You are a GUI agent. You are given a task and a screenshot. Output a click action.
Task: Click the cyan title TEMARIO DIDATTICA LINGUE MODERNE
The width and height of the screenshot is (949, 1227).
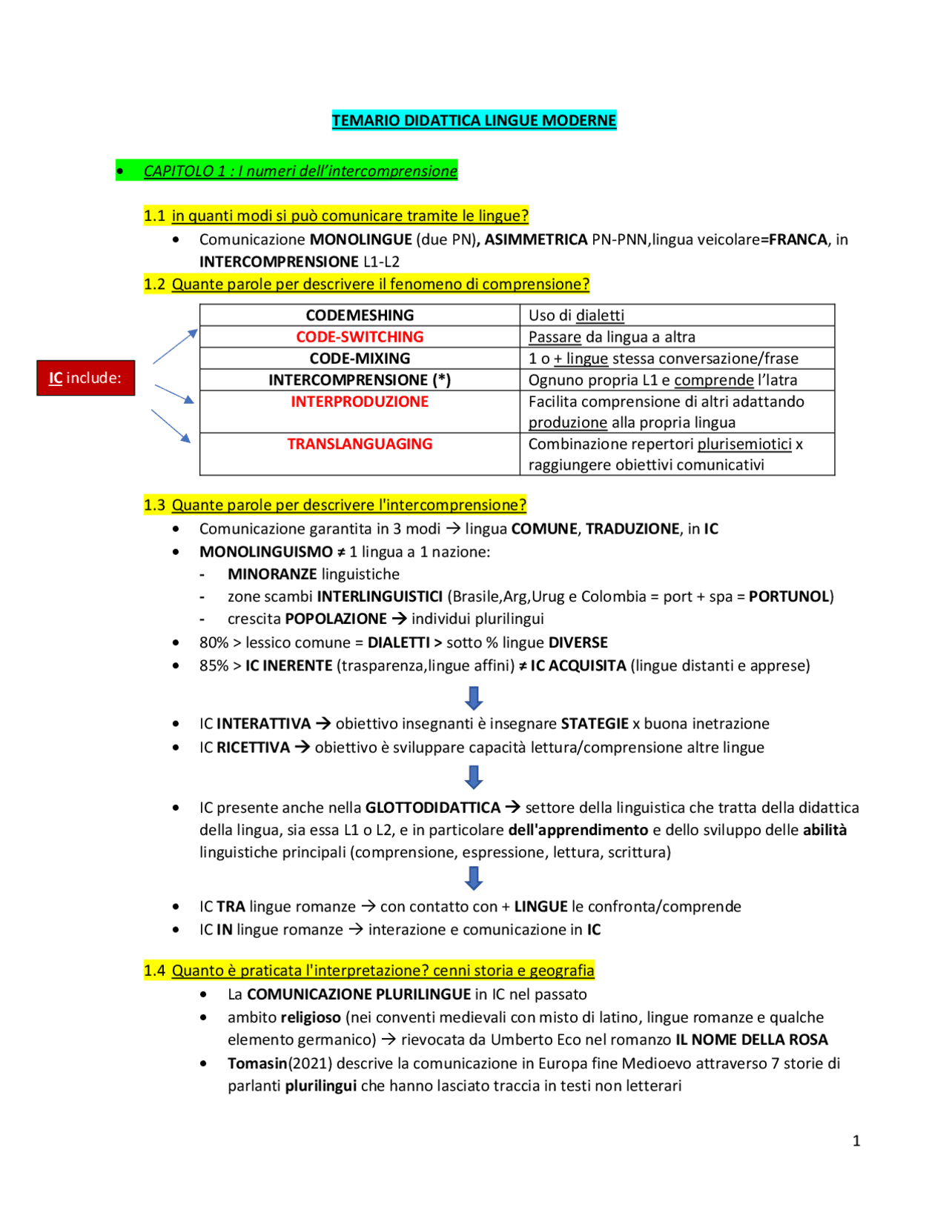click(474, 120)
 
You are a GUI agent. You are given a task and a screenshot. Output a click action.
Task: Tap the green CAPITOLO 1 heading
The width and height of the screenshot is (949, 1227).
click(300, 171)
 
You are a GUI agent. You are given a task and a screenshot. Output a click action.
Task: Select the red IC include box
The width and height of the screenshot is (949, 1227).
click(85, 378)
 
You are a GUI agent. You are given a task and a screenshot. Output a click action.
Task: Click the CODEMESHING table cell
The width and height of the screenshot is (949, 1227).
click(360, 315)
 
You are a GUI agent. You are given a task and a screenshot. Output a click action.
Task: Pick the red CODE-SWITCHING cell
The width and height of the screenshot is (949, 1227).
click(360, 336)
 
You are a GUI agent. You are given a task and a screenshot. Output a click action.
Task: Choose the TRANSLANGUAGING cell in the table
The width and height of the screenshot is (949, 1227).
click(360, 444)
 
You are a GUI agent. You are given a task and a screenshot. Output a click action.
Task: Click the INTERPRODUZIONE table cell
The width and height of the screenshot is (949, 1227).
click(360, 402)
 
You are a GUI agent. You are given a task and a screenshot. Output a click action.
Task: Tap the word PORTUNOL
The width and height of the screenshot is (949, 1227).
click(789, 596)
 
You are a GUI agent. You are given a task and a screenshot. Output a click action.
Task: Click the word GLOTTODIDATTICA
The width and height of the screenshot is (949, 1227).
click(433, 808)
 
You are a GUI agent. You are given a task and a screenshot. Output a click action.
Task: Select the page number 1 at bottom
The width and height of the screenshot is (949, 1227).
click(856, 1140)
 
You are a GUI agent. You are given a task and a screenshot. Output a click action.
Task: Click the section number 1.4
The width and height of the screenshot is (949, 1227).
click(154, 971)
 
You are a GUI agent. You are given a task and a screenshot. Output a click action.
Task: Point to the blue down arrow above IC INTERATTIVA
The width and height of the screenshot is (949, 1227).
click(474, 698)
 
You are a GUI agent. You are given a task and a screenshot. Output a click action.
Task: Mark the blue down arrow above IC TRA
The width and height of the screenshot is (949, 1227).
click(474, 878)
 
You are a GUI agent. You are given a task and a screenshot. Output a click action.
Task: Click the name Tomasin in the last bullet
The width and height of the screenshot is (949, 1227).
click(257, 1063)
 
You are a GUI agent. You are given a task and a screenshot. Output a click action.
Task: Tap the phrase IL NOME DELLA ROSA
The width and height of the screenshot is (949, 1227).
click(751, 1040)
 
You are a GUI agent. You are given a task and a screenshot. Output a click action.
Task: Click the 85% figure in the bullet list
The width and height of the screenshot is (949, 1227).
click(214, 665)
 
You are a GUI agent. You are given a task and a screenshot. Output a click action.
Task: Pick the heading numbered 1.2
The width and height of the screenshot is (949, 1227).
click(366, 285)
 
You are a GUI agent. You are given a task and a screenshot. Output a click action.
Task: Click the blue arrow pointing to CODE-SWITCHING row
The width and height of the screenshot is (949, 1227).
click(175, 346)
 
